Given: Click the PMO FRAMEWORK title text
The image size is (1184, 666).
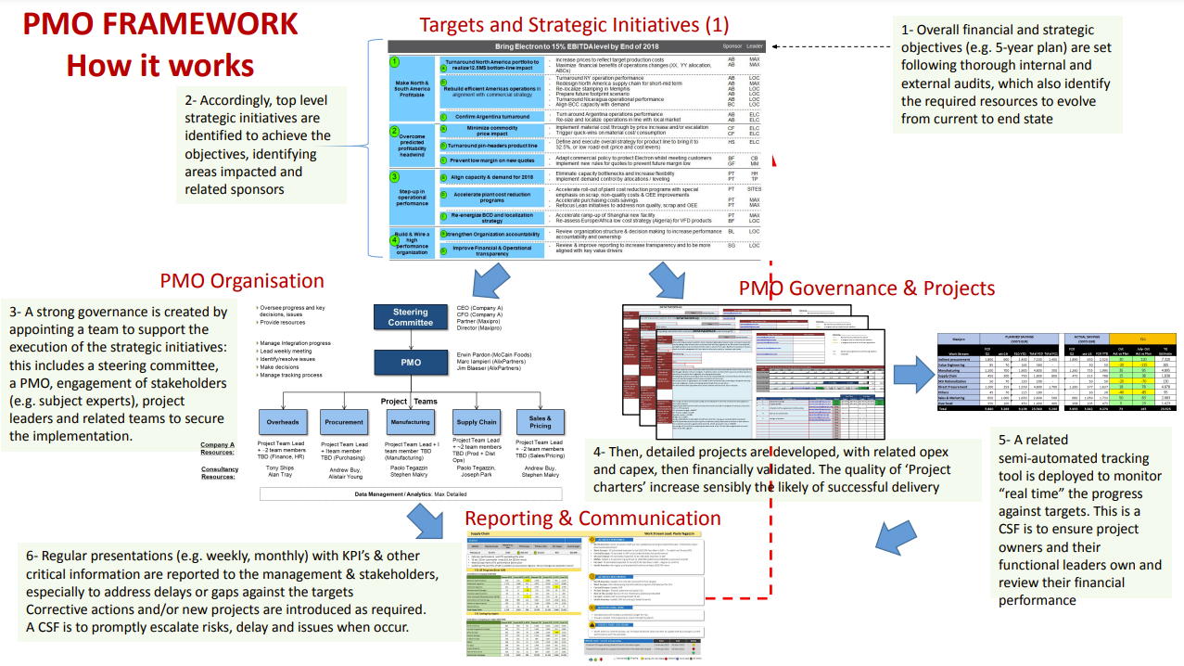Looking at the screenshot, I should (160, 24).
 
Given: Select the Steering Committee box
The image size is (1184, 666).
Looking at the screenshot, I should (411, 316).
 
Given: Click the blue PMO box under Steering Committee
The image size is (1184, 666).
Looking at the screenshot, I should (411, 363).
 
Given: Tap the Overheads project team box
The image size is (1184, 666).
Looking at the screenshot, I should (283, 421).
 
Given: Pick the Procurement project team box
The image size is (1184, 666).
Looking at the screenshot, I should (344, 421).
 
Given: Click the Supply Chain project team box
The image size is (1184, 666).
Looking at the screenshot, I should (477, 421).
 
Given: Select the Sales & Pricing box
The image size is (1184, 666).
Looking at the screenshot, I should (540, 421).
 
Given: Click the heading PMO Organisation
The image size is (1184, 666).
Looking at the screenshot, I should (242, 281).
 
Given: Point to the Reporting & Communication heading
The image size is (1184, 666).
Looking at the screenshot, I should (592, 518).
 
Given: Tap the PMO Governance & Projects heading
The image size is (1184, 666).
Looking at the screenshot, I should (866, 288).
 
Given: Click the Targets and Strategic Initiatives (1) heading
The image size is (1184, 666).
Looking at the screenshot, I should (574, 25).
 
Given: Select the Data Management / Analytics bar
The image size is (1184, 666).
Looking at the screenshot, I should (411, 494).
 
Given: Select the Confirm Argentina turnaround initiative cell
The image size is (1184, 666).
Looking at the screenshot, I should (491, 117).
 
